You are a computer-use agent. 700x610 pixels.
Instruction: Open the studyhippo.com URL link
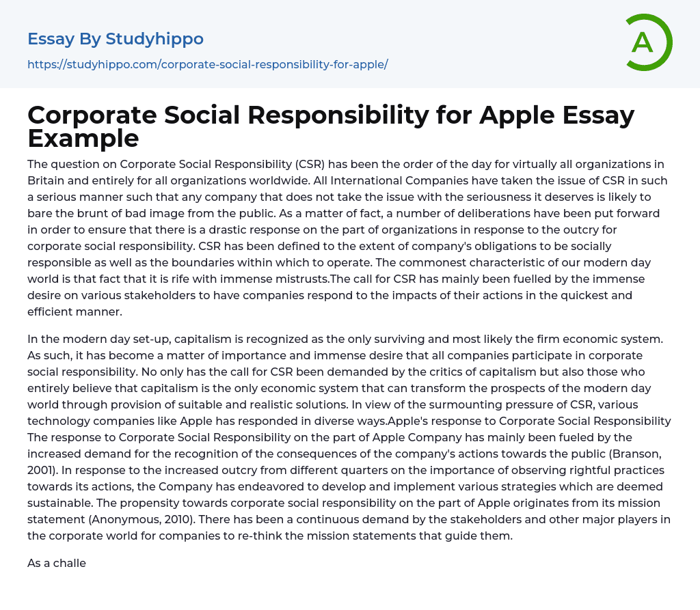208,65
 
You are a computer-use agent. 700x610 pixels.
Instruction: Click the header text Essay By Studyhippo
116,39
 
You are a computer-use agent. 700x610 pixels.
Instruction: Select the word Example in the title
83,138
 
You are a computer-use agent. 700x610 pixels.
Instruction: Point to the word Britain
49,180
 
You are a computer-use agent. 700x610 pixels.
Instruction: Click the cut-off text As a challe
57,564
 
